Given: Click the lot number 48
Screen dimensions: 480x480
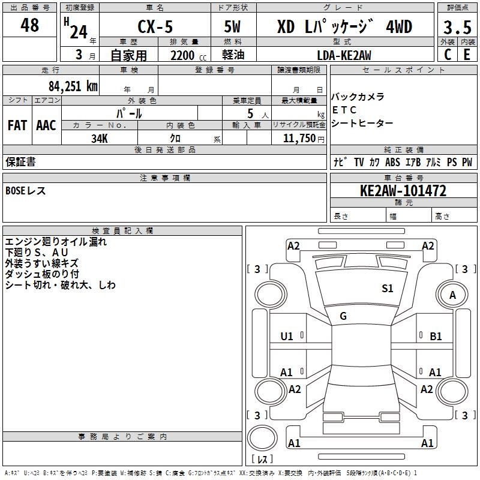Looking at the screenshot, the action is (x=29, y=25).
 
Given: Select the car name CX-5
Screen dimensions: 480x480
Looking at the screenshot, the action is (x=155, y=26).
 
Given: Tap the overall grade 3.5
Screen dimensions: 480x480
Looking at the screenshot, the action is (x=457, y=27).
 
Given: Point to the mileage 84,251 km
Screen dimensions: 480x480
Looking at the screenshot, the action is (x=73, y=86).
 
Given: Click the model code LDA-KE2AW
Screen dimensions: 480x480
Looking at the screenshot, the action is (x=344, y=55).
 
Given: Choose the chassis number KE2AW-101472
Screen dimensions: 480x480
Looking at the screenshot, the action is (x=403, y=191).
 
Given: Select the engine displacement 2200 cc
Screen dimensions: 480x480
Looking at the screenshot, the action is (x=188, y=55).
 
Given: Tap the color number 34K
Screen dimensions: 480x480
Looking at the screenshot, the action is (x=100, y=139).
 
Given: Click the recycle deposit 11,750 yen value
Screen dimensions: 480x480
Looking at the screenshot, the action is (x=304, y=139).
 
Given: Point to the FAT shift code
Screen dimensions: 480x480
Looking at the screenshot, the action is (x=17, y=125).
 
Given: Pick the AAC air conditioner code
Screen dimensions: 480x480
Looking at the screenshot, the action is (x=46, y=125).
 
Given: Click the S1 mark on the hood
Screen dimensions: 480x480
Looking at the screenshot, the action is (x=387, y=289).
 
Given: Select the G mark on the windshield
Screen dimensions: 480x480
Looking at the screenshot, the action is (x=343, y=316).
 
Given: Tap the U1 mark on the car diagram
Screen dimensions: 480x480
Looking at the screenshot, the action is (x=287, y=337).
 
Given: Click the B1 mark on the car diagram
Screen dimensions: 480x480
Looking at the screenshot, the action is (x=436, y=337).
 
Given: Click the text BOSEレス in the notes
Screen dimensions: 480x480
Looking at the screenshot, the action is (x=26, y=191).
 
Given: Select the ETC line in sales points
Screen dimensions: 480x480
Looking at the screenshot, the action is (x=344, y=110).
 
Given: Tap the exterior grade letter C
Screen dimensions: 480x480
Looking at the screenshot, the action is (x=448, y=55).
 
